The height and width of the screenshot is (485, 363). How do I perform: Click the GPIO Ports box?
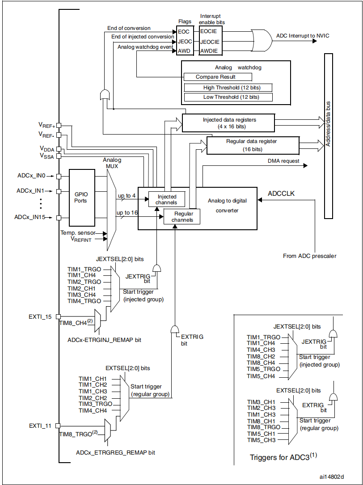point(81,198)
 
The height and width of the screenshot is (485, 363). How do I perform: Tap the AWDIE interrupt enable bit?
point(209,51)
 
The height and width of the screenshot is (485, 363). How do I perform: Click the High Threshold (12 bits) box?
point(228,88)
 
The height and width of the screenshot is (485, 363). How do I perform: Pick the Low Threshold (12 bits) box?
point(228,97)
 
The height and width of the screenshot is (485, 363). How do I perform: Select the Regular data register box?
point(253,145)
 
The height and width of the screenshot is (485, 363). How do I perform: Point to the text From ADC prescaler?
point(309,256)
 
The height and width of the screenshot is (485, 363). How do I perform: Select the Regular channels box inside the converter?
point(182,217)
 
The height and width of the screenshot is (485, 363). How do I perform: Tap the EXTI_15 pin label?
point(40,316)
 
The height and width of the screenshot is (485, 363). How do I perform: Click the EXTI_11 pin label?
point(40,426)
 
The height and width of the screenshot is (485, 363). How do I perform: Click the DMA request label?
point(283,161)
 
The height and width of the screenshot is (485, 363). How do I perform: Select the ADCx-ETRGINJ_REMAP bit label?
point(104,340)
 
